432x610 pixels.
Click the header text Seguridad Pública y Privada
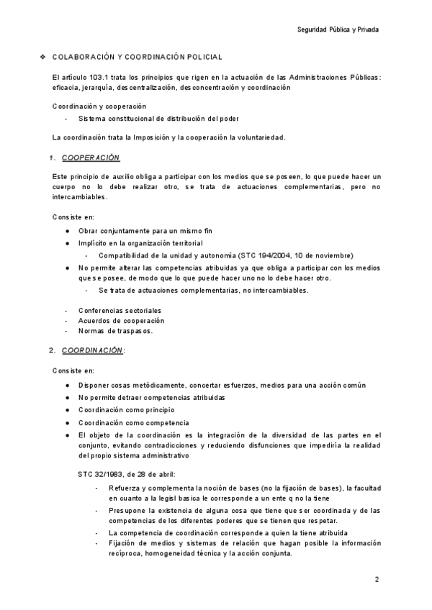point(337,29)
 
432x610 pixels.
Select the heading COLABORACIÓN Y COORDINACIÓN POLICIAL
point(138,57)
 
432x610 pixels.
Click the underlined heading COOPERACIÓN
point(91,158)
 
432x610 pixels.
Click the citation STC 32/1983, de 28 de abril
point(125,473)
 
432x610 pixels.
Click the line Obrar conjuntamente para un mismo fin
point(145,231)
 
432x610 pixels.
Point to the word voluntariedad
point(258,137)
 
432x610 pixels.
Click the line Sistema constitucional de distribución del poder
point(159,119)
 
